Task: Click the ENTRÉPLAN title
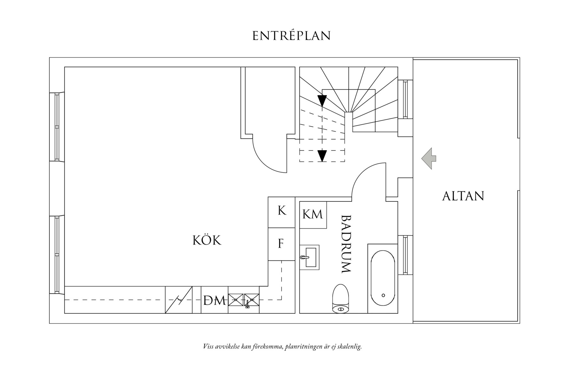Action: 291,36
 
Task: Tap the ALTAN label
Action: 463,196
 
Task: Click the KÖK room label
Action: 207,240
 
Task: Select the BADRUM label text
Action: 346,244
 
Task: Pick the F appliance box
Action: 281,244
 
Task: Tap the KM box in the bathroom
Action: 313,215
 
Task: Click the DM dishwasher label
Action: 214,300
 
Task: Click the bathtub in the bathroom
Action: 383,279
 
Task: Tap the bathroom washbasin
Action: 309,257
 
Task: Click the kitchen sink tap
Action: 247,305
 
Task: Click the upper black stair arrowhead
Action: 322,101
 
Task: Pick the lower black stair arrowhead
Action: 322,156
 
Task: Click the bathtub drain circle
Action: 383,295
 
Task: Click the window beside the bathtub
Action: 405,255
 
